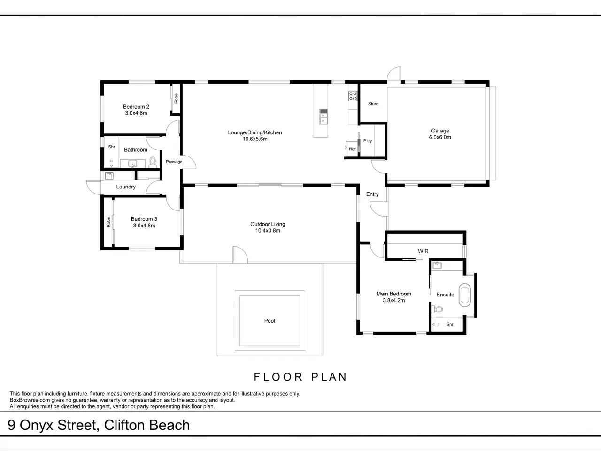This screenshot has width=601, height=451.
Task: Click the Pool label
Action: (270, 321)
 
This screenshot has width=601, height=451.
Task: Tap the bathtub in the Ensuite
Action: (465, 295)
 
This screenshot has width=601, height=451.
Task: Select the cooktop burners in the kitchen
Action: (353, 96)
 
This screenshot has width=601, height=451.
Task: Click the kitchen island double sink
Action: (324, 117)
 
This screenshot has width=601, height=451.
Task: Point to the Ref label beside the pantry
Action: (352, 149)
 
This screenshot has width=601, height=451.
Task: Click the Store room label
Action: (373, 104)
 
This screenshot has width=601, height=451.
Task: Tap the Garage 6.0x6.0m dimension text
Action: (440, 137)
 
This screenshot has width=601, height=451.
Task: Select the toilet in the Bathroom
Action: (153, 162)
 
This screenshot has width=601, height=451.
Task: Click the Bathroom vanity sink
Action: (132, 164)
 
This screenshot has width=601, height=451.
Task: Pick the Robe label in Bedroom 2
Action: (176, 99)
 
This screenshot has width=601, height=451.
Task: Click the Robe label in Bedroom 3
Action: (108, 222)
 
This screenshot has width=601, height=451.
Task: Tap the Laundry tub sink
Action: (109, 176)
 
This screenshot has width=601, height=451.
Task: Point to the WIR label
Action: (423, 251)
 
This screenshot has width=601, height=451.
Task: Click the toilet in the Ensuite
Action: (437, 310)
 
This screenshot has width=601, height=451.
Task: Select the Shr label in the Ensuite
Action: (450, 324)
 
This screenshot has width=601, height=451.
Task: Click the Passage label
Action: (174, 162)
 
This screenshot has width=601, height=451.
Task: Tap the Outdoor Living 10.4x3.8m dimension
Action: (268, 231)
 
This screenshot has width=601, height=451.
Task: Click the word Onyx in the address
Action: (36, 425)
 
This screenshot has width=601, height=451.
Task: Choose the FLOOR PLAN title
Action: (300, 377)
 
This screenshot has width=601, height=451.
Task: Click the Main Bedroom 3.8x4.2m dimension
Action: (394, 300)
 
